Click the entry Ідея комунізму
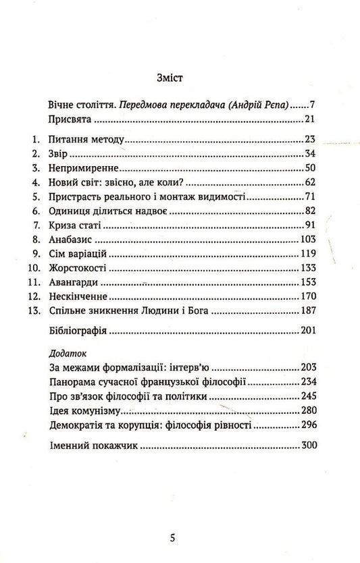[86, 410]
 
